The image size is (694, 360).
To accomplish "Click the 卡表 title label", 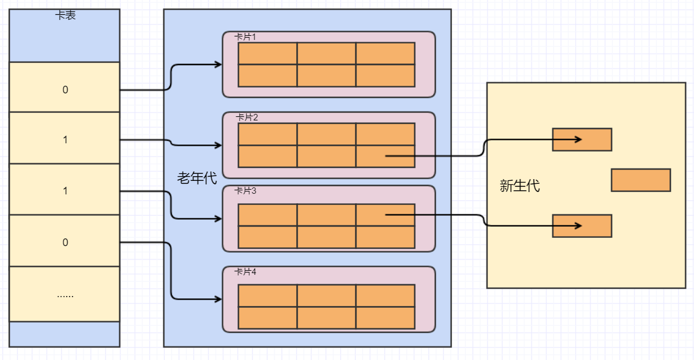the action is (x=65, y=15).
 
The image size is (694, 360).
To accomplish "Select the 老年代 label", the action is (x=197, y=178).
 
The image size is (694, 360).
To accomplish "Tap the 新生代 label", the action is (x=519, y=186).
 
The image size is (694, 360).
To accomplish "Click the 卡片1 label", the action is (x=245, y=37).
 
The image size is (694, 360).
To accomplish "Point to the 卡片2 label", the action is (x=247, y=117).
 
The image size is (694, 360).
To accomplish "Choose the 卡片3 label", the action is (x=245, y=191).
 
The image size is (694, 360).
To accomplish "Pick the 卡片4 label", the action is (x=245, y=271).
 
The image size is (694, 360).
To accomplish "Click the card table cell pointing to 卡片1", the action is (x=65, y=87).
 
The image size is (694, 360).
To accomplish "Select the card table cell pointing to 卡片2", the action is (x=65, y=138).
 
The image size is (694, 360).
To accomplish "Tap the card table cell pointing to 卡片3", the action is (x=65, y=189).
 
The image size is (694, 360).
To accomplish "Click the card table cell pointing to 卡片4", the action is (x=65, y=241).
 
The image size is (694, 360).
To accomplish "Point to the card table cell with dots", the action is (x=65, y=294).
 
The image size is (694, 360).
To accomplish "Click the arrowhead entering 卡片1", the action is (x=218, y=65).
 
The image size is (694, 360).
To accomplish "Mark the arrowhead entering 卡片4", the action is (x=218, y=300).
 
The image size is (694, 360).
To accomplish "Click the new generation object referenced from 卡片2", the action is (x=582, y=140).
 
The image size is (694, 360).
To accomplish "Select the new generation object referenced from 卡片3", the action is (x=582, y=226).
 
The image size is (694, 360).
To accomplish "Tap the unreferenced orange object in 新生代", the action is (x=641, y=180).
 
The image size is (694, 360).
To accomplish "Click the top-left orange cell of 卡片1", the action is (x=268, y=53).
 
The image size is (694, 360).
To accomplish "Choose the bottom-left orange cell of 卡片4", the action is (x=268, y=318).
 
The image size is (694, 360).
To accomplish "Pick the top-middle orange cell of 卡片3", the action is (x=327, y=215).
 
